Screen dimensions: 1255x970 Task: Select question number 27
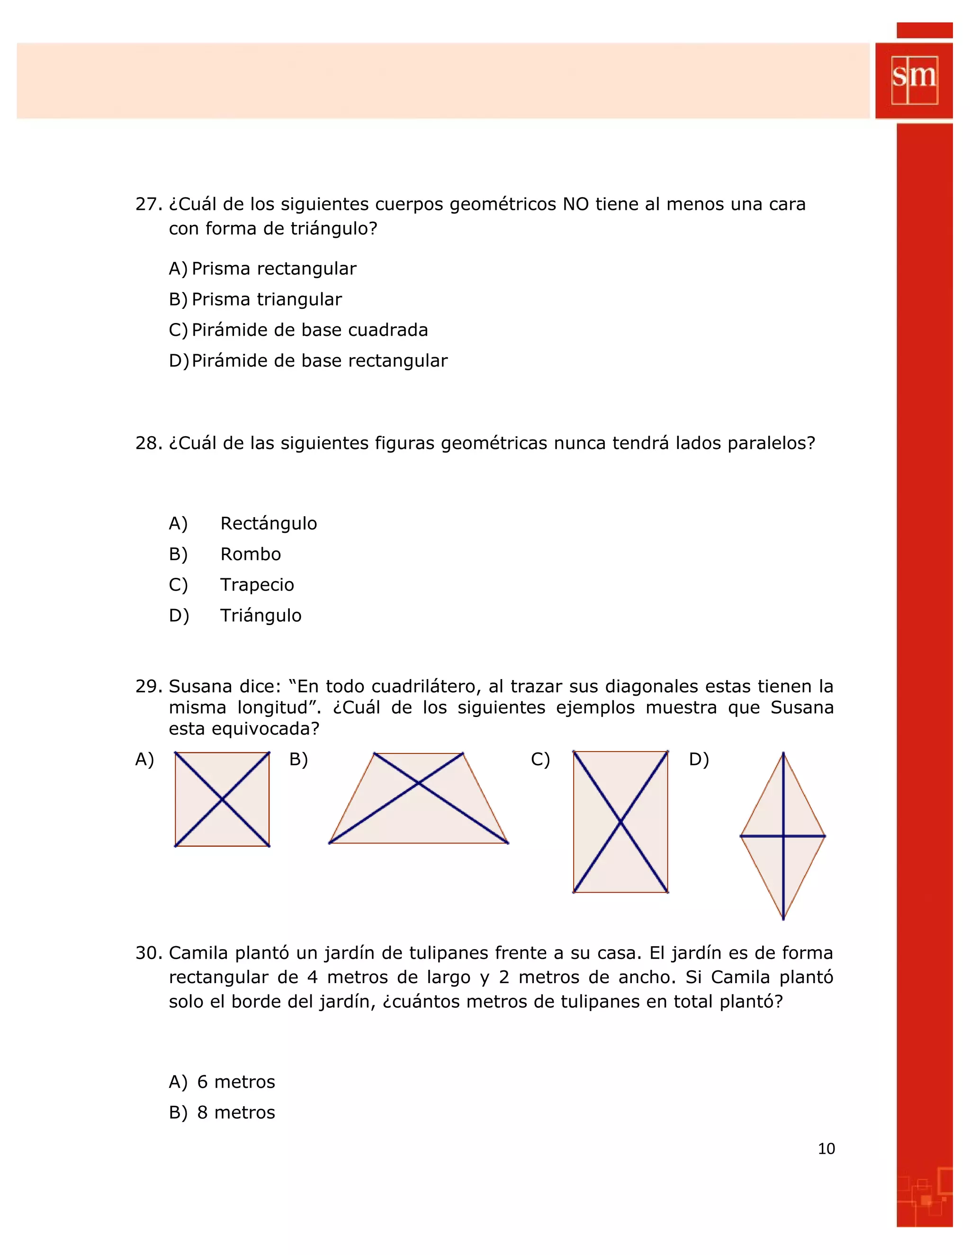148,204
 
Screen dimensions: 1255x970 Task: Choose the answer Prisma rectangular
274,269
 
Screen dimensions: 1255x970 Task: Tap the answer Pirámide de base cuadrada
309,330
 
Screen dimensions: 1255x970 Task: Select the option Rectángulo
269,523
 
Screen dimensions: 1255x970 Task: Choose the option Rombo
251,554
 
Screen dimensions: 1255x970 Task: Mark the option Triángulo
260,616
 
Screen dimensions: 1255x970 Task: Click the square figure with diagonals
222,799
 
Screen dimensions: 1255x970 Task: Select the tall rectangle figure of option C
620,822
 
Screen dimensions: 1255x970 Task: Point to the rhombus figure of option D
782,836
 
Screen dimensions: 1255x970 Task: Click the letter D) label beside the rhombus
698,760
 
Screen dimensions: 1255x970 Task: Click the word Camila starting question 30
199,953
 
